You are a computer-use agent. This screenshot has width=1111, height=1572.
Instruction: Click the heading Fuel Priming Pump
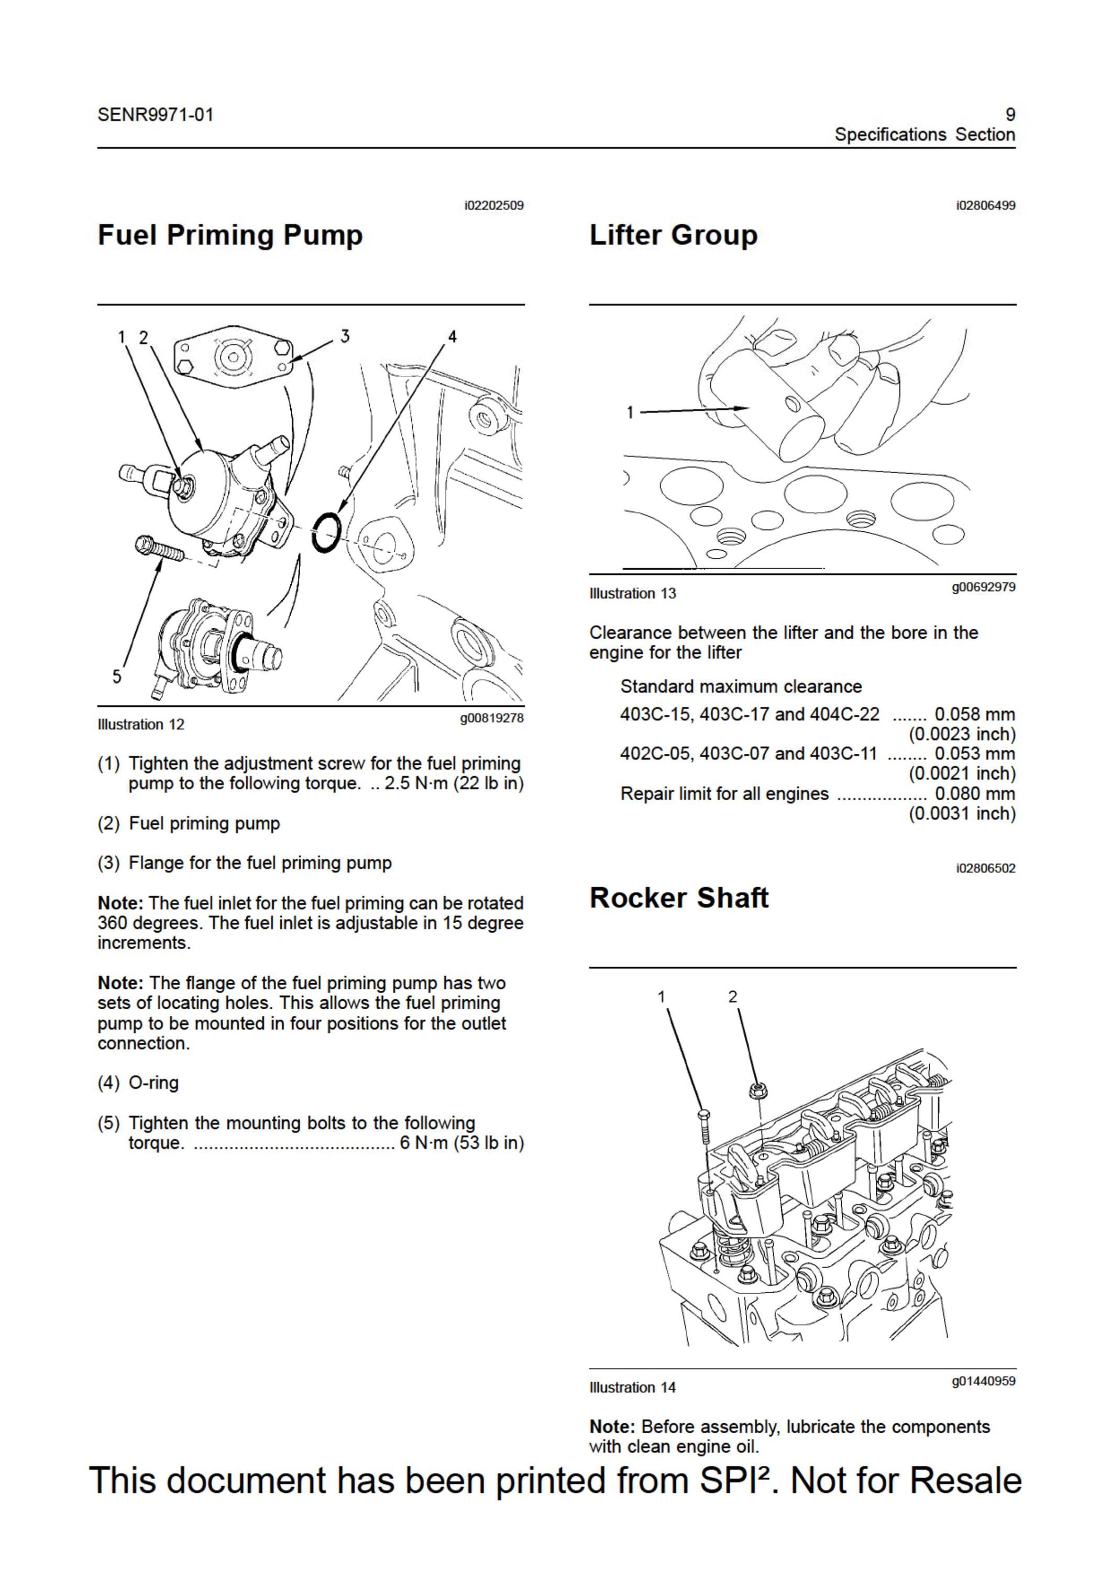click(230, 235)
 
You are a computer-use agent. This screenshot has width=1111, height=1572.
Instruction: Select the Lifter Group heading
click(674, 235)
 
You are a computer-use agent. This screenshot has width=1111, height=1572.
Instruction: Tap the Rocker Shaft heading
click(679, 897)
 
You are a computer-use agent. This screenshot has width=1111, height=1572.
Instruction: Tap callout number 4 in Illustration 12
click(452, 337)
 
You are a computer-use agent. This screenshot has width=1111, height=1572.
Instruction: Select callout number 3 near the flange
click(345, 336)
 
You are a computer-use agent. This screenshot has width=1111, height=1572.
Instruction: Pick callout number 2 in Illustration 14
click(733, 996)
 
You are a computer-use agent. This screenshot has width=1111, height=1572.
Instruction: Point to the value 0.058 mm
click(975, 714)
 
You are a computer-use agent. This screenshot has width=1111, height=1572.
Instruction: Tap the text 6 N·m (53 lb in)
click(462, 1143)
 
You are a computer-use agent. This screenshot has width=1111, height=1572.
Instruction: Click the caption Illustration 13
click(633, 594)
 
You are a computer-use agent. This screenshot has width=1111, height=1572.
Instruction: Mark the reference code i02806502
click(986, 868)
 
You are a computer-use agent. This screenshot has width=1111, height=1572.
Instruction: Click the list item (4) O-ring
click(138, 1083)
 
